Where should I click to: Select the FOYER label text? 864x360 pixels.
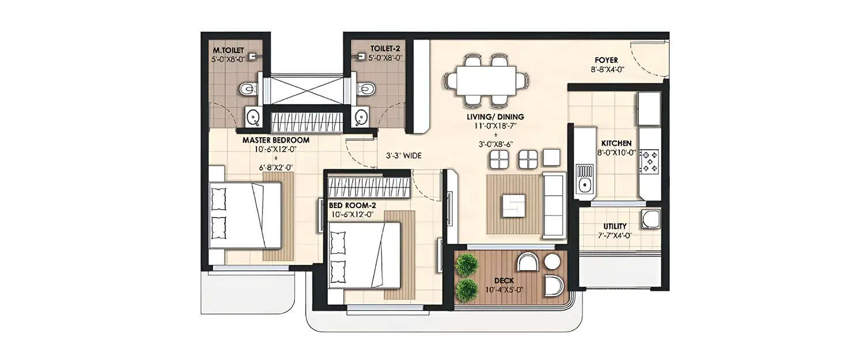coord(607,60)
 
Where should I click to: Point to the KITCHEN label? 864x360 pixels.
coord(616,143)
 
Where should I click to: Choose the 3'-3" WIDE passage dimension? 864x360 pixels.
coord(404,155)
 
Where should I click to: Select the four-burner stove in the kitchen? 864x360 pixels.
coord(649,162)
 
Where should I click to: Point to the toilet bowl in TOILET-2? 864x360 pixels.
coord(366,89)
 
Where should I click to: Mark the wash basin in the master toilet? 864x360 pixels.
coord(252,117)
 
